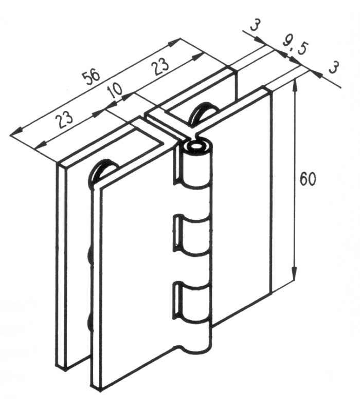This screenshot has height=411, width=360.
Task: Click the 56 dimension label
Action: click(x=92, y=77)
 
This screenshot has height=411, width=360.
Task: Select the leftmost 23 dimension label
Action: click(x=64, y=119)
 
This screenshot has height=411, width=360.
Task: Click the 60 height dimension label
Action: click(x=308, y=179)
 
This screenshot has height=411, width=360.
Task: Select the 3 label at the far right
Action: click(x=333, y=67)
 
